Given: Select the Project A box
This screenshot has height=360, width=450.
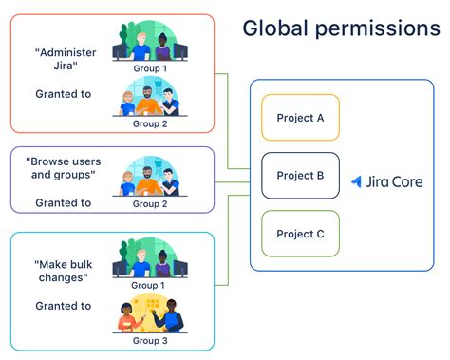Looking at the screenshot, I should point(300,118).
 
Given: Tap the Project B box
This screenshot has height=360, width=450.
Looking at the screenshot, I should point(300,176).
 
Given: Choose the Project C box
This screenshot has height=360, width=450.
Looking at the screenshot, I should point(300,234).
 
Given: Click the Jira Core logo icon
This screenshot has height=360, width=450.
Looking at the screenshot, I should point(356,180).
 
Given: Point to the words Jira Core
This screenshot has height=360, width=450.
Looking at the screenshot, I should point(391,180).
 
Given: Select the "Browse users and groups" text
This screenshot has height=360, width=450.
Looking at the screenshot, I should point(64,169).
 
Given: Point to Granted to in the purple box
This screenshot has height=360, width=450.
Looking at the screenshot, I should point(64,202).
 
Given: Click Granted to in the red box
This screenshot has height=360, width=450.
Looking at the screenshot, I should point(64,93).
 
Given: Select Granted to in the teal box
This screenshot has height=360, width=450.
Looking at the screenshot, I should point(64,306).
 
